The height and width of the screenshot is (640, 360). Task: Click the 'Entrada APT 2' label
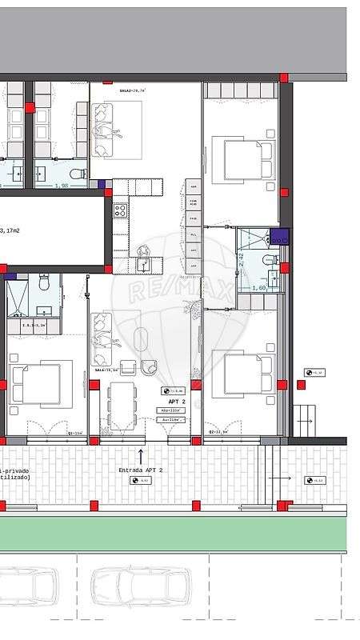(141, 470)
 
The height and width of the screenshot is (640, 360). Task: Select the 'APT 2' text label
(177, 402)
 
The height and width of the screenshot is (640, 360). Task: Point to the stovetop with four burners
(120, 211)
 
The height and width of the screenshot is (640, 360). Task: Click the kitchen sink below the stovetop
(144, 263)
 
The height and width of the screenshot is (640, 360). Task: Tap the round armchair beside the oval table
(150, 367)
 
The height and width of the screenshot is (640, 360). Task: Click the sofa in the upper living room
(102, 130)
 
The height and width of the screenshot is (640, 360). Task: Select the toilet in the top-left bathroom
(78, 173)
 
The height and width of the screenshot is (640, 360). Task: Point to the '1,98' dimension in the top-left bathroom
(61, 186)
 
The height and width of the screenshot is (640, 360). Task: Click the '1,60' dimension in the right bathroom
(259, 288)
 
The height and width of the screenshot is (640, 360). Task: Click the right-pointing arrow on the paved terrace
(279, 478)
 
